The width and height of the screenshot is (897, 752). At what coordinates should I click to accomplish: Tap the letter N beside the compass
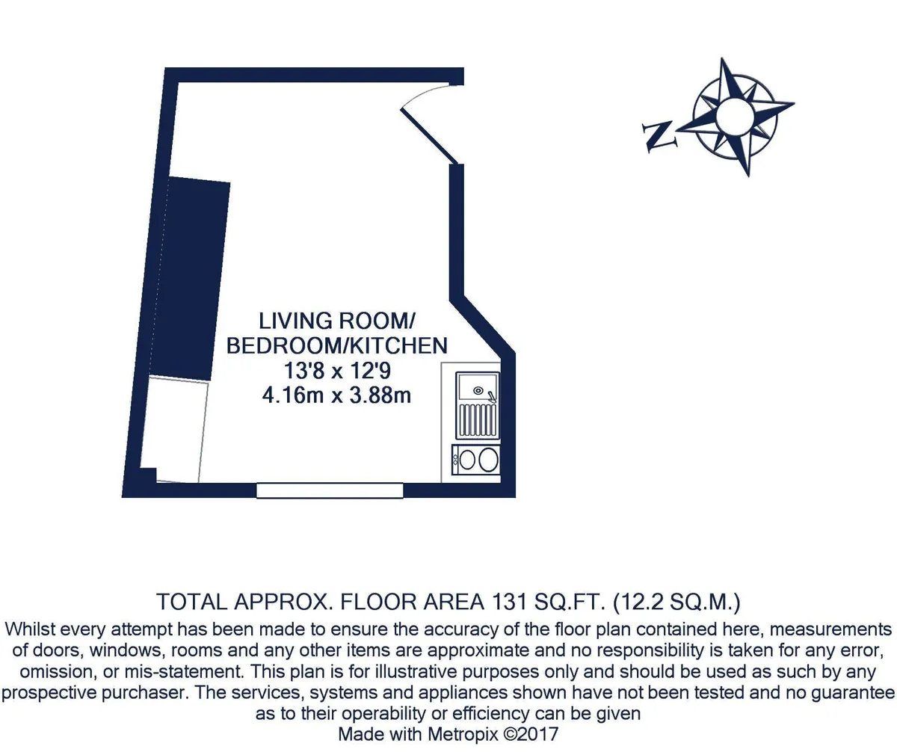click(x=659, y=137)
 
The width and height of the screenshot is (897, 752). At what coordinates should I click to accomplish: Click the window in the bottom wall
click(x=330, y=490)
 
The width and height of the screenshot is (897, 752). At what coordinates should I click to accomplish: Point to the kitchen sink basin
click(x=477, y=386)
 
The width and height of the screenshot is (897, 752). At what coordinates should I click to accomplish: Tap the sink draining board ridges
click(x=478, y=420)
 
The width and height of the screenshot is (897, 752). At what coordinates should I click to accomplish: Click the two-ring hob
click(x=476, y=460)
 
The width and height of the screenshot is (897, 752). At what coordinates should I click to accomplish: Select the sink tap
click(x=491, y=397)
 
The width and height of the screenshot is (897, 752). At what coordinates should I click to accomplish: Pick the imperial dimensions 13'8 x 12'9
click(x=337, y=371)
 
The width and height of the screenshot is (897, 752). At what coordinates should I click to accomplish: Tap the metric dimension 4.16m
click(x=292, y=395)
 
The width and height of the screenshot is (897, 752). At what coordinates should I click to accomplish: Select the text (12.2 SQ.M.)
click(x=677, y=602)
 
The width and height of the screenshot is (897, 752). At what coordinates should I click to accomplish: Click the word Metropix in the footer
click(x=463, y=734)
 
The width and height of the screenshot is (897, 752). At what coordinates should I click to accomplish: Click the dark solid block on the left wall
click(x=189, y=279)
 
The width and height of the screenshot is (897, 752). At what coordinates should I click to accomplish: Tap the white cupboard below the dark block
click(x=174, y=430)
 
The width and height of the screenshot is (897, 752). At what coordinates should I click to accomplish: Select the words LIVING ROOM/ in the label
click(x=337, y=321)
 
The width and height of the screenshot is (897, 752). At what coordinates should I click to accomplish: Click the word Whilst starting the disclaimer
click(x=30, y=629)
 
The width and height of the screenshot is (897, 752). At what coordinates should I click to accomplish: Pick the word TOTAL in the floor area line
click(x=191, y=602)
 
